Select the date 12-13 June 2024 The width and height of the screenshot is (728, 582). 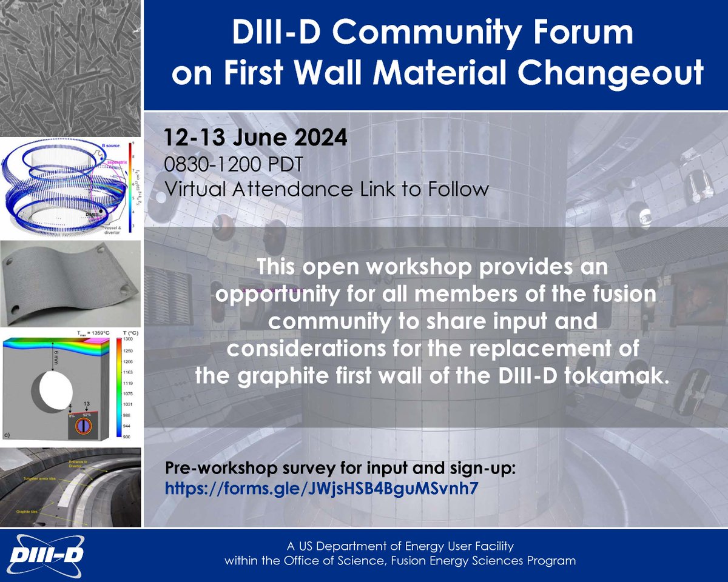coord(255,136)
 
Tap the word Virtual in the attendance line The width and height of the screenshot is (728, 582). coord(193,189)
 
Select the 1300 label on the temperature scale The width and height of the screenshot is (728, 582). coord(127,341)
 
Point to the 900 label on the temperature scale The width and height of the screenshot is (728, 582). coord(127,436)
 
